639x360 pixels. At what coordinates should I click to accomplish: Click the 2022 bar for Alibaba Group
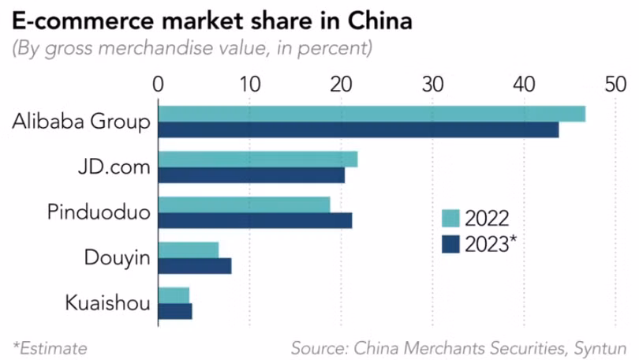pos(372,114)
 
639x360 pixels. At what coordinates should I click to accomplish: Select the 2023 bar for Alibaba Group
pos(359,129)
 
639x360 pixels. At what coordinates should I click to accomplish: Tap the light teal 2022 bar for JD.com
pos(258,159)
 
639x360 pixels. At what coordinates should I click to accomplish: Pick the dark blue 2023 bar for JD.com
pos(252,175)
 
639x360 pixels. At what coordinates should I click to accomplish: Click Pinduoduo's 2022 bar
pos(245,204)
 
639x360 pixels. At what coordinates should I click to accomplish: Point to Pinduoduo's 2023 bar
pos(256,220)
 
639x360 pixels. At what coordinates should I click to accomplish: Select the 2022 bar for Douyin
pos(189,250)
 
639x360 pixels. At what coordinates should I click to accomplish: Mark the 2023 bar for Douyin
pos(195,266)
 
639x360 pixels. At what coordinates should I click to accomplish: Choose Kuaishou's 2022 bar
pos(174,295)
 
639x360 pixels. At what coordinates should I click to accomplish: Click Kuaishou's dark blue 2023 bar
pos(175,311)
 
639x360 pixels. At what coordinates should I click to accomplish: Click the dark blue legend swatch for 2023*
pos(450,244)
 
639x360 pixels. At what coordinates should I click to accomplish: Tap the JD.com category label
pos(115,167)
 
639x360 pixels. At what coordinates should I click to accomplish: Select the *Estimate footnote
pos(50,347)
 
